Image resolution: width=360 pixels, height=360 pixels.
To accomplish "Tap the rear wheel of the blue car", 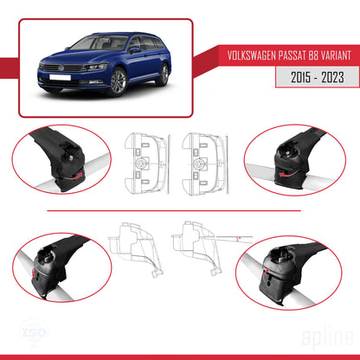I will click(x=163, y=77).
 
